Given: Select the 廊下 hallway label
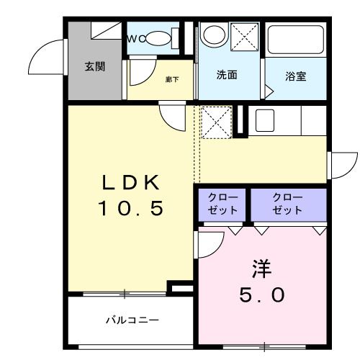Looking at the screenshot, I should click(x=171, y=79).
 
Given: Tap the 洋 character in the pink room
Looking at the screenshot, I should click(x=261, y=269).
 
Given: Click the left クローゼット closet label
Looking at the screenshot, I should click(x=223, y=204).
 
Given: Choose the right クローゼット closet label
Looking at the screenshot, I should click(x=288, y=204).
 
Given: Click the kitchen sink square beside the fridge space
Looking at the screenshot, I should click(x=264, y=120).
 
